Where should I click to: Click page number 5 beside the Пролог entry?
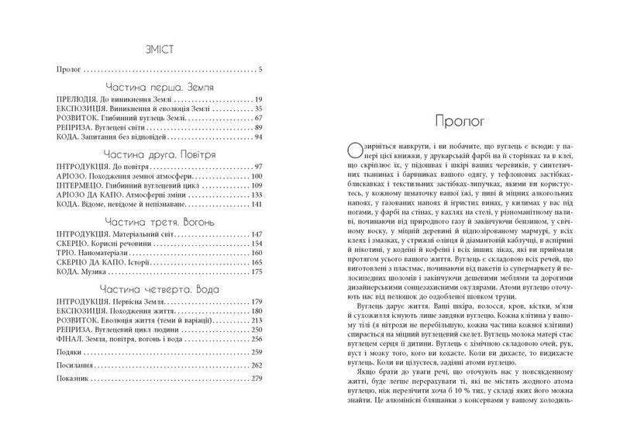click(x=261, y=70)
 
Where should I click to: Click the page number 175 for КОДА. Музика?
click(x=257, y=275)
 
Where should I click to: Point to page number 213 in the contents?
click(x=257, y=320)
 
